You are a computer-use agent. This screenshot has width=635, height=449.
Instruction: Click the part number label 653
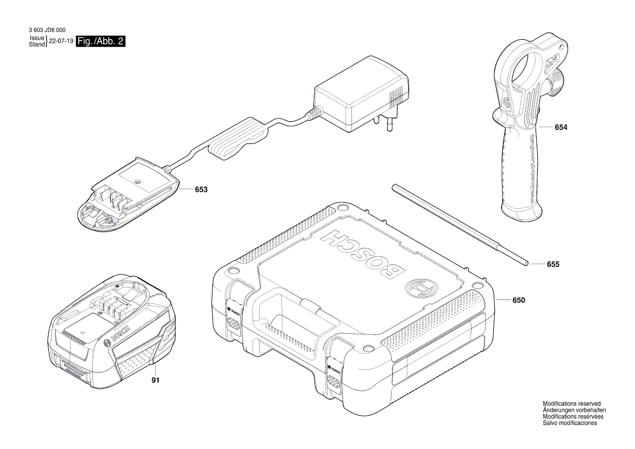(x=201, y=190)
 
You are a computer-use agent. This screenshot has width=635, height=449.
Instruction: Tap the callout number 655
(x=553, y=264)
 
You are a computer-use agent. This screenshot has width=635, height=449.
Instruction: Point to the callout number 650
(x=519, y=300)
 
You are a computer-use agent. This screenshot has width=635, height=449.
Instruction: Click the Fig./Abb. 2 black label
(x=102, y=41)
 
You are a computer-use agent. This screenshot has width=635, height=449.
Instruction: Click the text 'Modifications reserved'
(x=571, y=404)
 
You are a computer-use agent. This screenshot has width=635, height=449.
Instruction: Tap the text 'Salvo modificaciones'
(x=570, y=423)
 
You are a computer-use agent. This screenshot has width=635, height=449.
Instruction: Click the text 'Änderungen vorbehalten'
(x=574, y=410)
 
